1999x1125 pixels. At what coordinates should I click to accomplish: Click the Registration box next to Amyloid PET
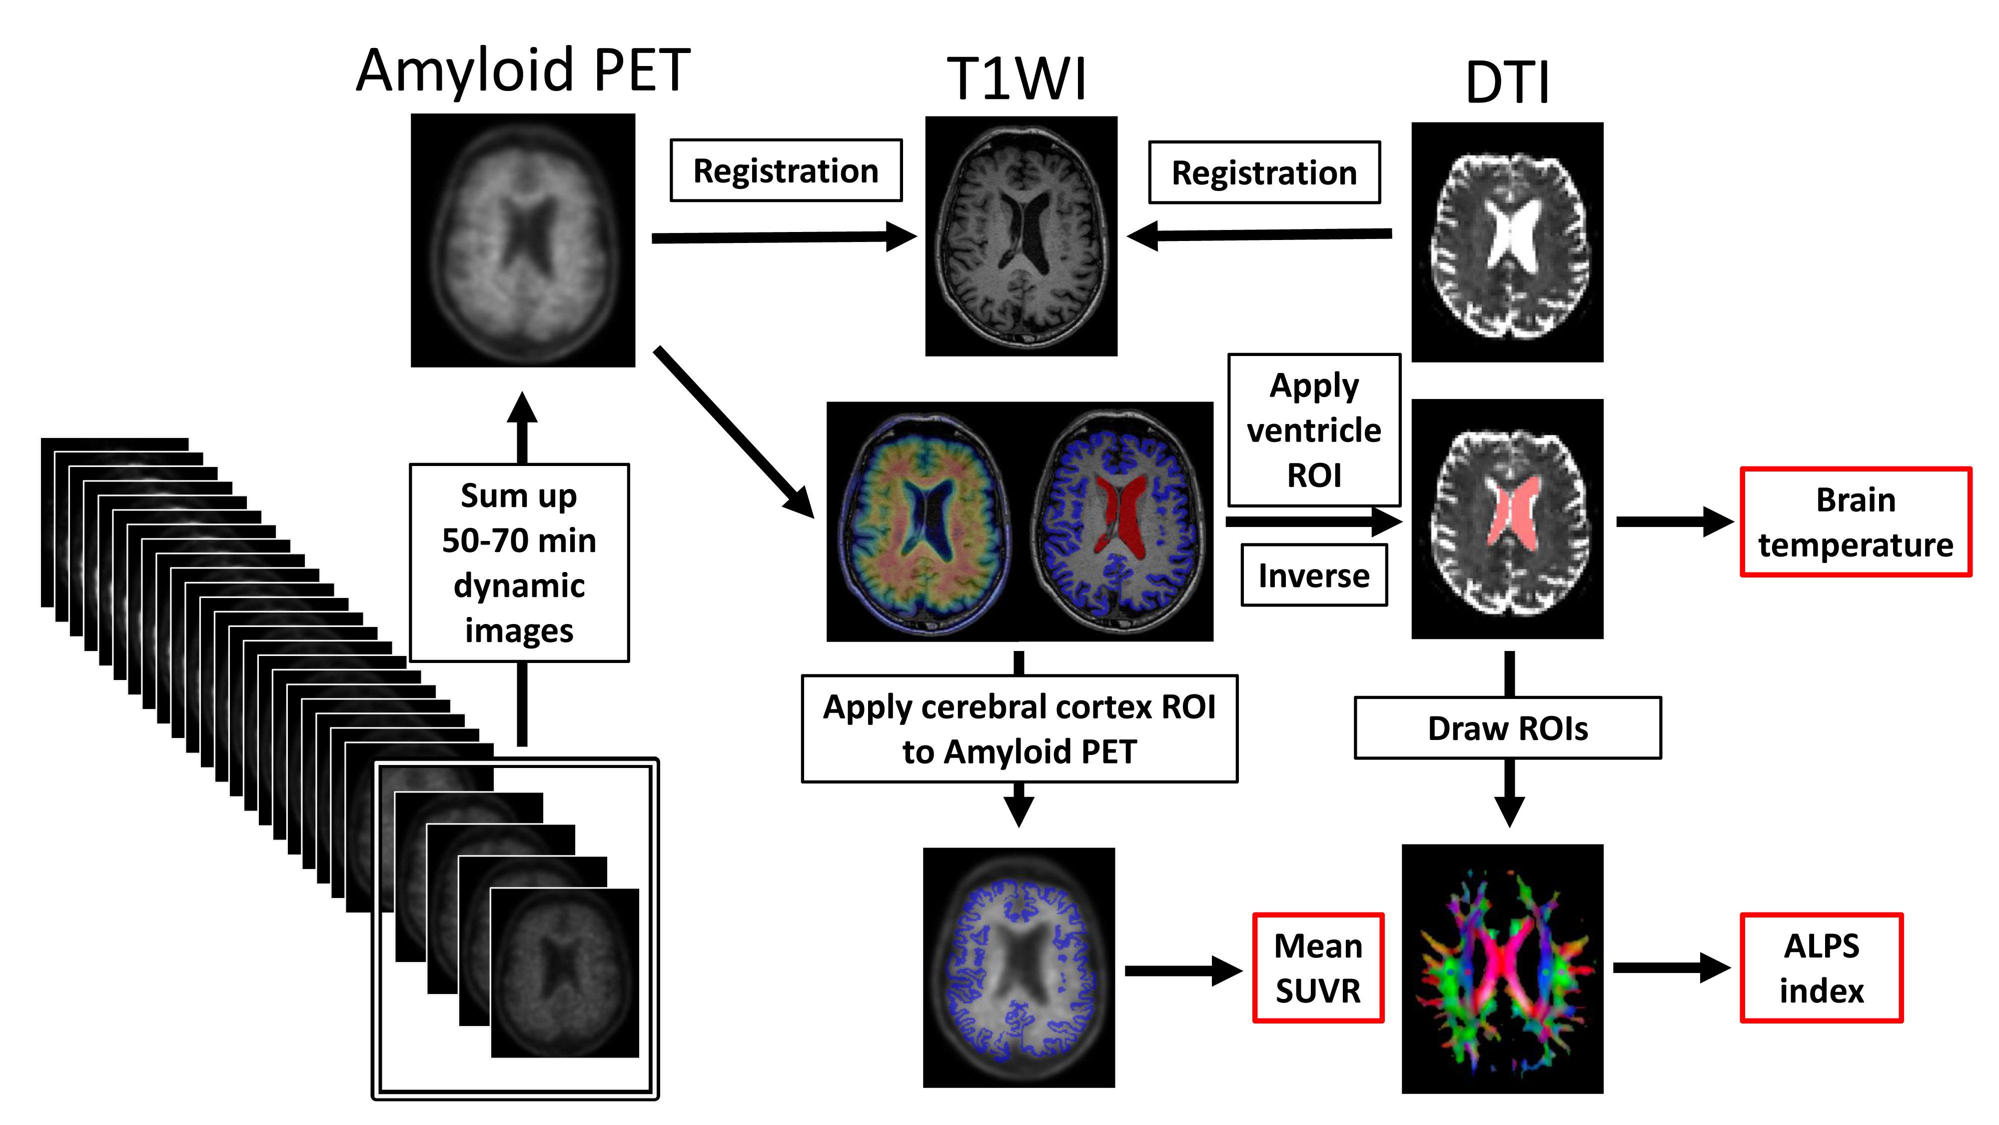(785, 171)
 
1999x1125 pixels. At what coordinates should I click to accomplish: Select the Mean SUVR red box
(1318, 967)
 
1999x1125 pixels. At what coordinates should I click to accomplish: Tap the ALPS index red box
(1821, 967)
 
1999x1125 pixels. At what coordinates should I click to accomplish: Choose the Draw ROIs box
(1507, 727)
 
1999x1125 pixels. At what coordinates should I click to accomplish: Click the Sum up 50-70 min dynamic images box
(518, 562)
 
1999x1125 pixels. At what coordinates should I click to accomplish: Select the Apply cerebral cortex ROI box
(1019, 728)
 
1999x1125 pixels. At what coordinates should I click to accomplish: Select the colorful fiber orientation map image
(1502, 969)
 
